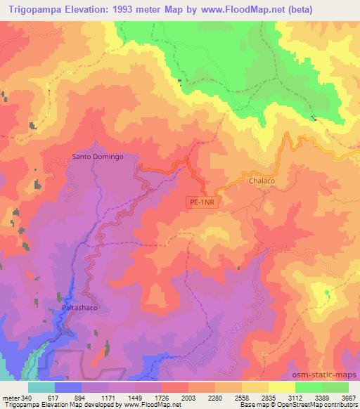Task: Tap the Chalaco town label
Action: (262, 181)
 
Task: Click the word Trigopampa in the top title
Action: (36, 9)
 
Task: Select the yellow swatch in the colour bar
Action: (281, 387)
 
